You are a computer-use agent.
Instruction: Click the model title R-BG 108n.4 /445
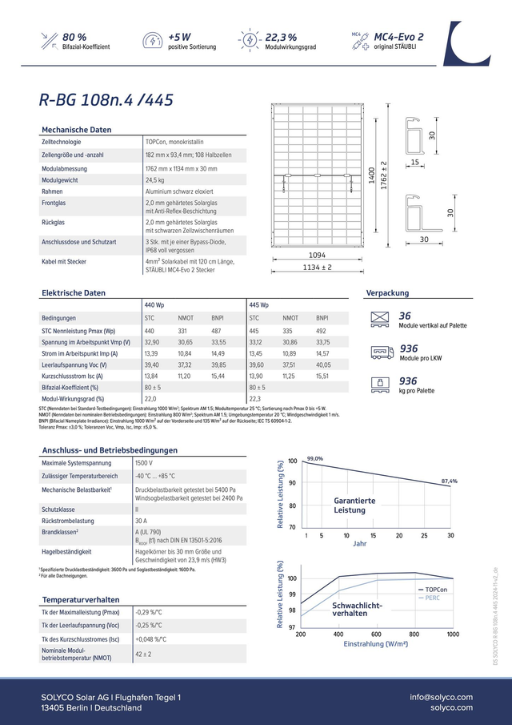(105, 100)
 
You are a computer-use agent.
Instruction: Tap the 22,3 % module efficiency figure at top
(281, 37)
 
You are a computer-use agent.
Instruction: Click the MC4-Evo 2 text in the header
(398, 37)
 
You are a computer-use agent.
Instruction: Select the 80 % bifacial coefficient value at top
(74, 37)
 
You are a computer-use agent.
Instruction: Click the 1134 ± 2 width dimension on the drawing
(317, 268)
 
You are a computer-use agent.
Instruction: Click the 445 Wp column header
(259, 306)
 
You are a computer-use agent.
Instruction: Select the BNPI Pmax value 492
(321, 331)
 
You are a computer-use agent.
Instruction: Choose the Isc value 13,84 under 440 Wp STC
(150, 376)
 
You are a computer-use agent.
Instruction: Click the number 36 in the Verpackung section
(405, 316)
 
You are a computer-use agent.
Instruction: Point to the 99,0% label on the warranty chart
(314, 458)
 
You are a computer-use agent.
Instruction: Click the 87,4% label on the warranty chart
(449, 481)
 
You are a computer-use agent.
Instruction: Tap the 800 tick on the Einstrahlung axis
(414, 634)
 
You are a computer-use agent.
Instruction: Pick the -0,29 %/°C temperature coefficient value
(150, 612)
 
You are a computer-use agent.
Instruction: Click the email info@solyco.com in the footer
(441, 697)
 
